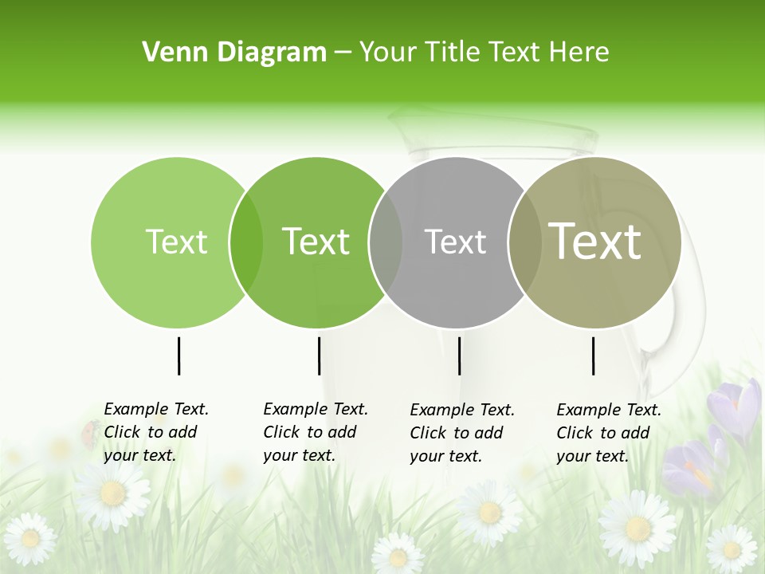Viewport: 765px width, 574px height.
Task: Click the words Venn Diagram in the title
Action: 234,53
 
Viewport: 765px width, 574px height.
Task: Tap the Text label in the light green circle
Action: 176,242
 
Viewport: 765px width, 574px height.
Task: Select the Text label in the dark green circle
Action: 316,242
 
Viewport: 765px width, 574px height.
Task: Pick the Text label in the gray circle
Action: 456,242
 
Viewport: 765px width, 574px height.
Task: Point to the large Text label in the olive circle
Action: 595,241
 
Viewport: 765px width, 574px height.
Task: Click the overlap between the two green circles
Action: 246,242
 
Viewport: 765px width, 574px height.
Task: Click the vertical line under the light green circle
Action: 178,356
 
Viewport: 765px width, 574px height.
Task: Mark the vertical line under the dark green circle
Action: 319,356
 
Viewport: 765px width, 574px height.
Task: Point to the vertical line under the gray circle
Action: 459,356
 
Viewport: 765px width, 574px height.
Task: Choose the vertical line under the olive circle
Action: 593,356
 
